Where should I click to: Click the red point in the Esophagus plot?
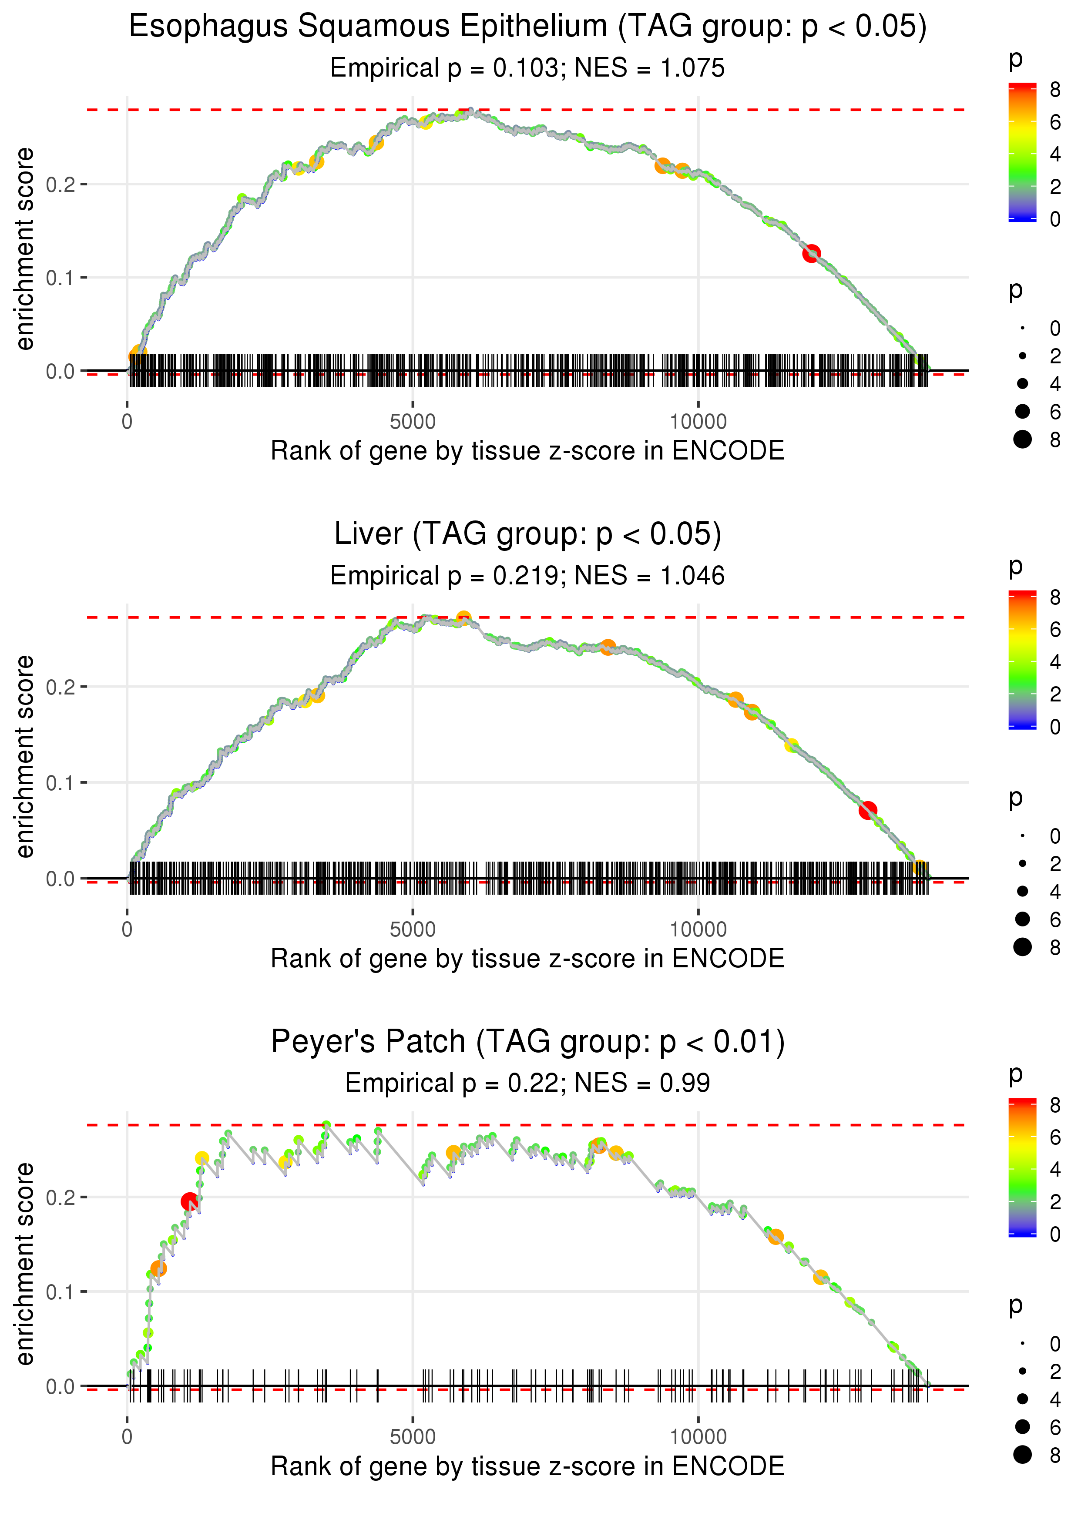click(811, 253)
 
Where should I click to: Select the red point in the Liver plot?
click(868, 810)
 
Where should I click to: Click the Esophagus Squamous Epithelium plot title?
click(527, 27)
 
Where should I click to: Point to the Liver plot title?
click(527, 534)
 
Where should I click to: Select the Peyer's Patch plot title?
click(527, 1042)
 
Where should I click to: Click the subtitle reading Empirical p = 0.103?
click(527, 68)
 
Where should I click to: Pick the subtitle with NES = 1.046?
click(527, 576)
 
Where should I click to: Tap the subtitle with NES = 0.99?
click(527, 1083)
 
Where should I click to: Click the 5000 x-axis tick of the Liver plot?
click(413, 929)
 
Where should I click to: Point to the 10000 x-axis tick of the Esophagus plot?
click(698, 422)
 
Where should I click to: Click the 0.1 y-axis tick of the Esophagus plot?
click(61, 277)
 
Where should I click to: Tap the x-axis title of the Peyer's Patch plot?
click(527, 1467)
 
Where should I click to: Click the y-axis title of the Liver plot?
click(25, 756)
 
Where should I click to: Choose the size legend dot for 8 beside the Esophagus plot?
click(1022, 439)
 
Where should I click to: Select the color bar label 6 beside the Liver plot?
click(1055, 630)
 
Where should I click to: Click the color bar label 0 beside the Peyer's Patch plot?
click(1055, 1235)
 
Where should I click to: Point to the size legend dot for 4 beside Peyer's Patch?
click(1022, 1399)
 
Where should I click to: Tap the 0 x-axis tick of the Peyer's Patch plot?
click(127, 1437)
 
